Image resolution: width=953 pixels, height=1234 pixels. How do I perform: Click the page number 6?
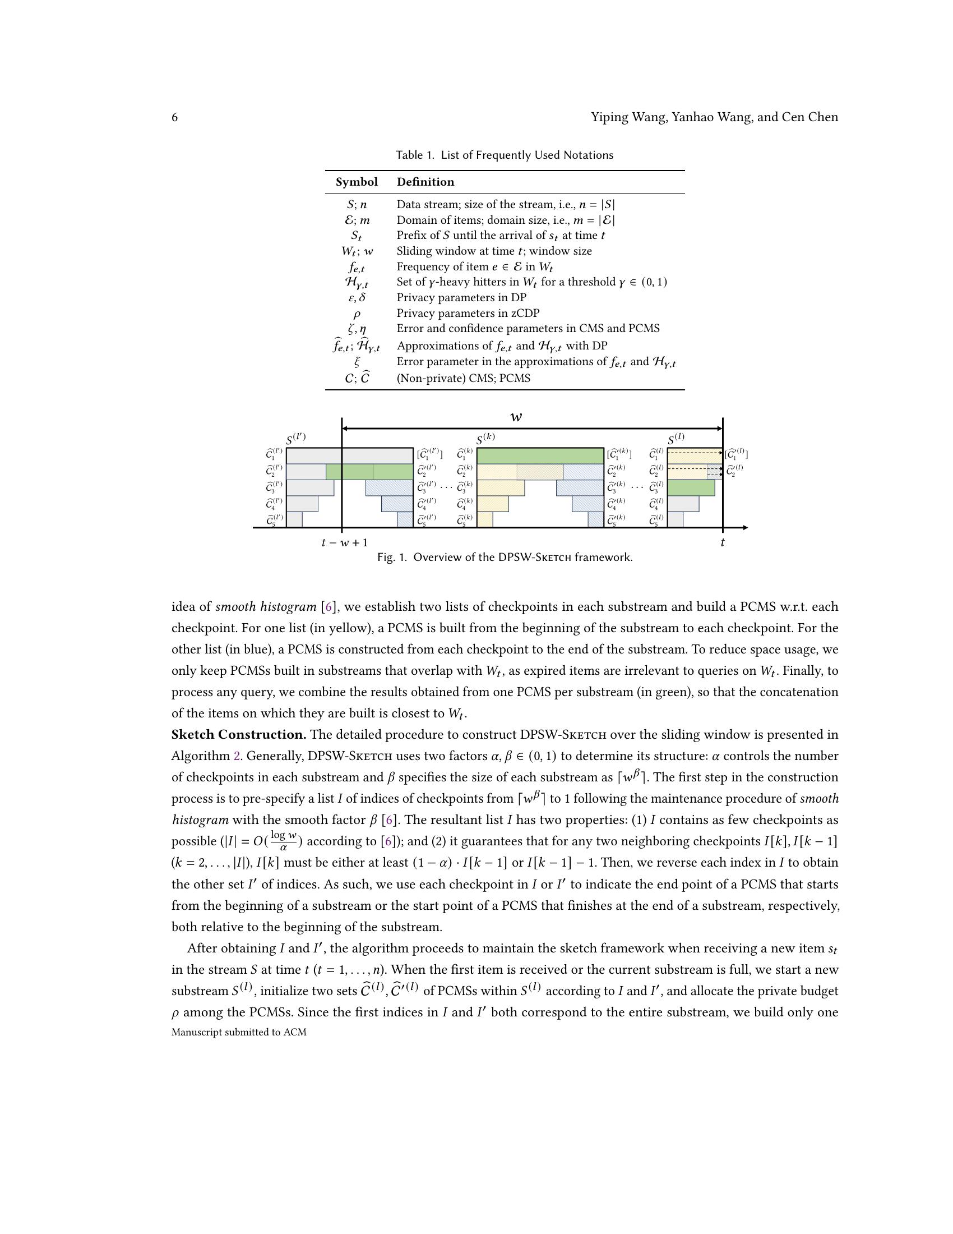point(174,118)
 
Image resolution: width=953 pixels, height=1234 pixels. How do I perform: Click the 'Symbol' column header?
point(356,182)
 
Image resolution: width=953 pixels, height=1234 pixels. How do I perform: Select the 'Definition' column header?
point(425,182)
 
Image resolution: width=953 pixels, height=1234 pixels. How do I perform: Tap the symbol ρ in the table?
point(356,314)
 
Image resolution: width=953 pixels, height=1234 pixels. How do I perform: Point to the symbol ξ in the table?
point(356,362)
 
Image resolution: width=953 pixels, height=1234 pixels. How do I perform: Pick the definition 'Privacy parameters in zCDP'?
point(468,313)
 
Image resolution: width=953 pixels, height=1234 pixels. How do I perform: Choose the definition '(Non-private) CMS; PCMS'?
point(463,379)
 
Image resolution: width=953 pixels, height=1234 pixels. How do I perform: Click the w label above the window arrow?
point(515,417)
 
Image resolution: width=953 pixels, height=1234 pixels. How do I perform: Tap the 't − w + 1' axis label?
point(344,543)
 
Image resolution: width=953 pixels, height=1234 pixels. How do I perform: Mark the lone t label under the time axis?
point(722,543)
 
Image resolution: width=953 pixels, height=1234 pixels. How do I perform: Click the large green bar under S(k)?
point(540,455)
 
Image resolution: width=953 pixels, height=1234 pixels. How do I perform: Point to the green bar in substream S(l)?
point(691,487)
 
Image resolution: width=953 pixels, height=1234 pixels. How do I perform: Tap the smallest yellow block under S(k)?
point(484,519)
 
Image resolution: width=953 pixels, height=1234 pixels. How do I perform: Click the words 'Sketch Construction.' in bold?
point(239,735)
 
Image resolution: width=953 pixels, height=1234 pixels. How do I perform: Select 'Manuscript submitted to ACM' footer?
point(239,1032)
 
